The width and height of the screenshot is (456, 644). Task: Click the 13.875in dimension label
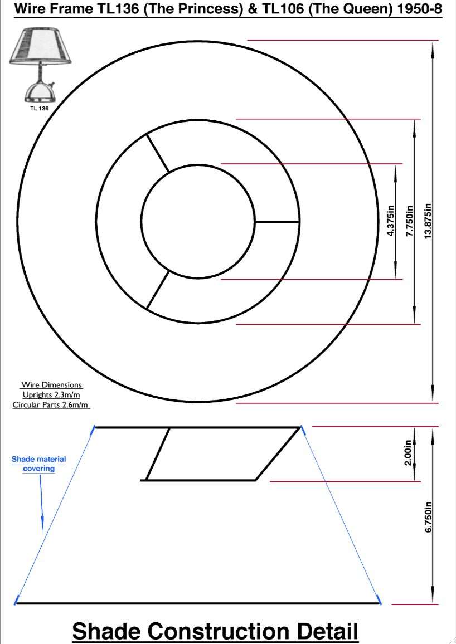(x=428, y=221)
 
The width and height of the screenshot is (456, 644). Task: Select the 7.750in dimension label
(x=410, y=221)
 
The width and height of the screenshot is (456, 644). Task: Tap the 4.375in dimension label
(x=391, y=221)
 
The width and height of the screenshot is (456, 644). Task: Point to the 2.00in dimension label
(x=408, y=452)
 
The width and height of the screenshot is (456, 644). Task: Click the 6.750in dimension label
(x=428, y=517)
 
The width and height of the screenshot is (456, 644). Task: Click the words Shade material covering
(x=38, y=464)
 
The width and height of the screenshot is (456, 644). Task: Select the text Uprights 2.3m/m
(x=51, y=394)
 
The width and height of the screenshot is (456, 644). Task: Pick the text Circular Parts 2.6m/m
(x=50, y=405)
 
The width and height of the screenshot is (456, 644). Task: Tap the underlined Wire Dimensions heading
(x=51, y=385)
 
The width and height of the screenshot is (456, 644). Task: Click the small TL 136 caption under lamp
(x=40, y=109)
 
